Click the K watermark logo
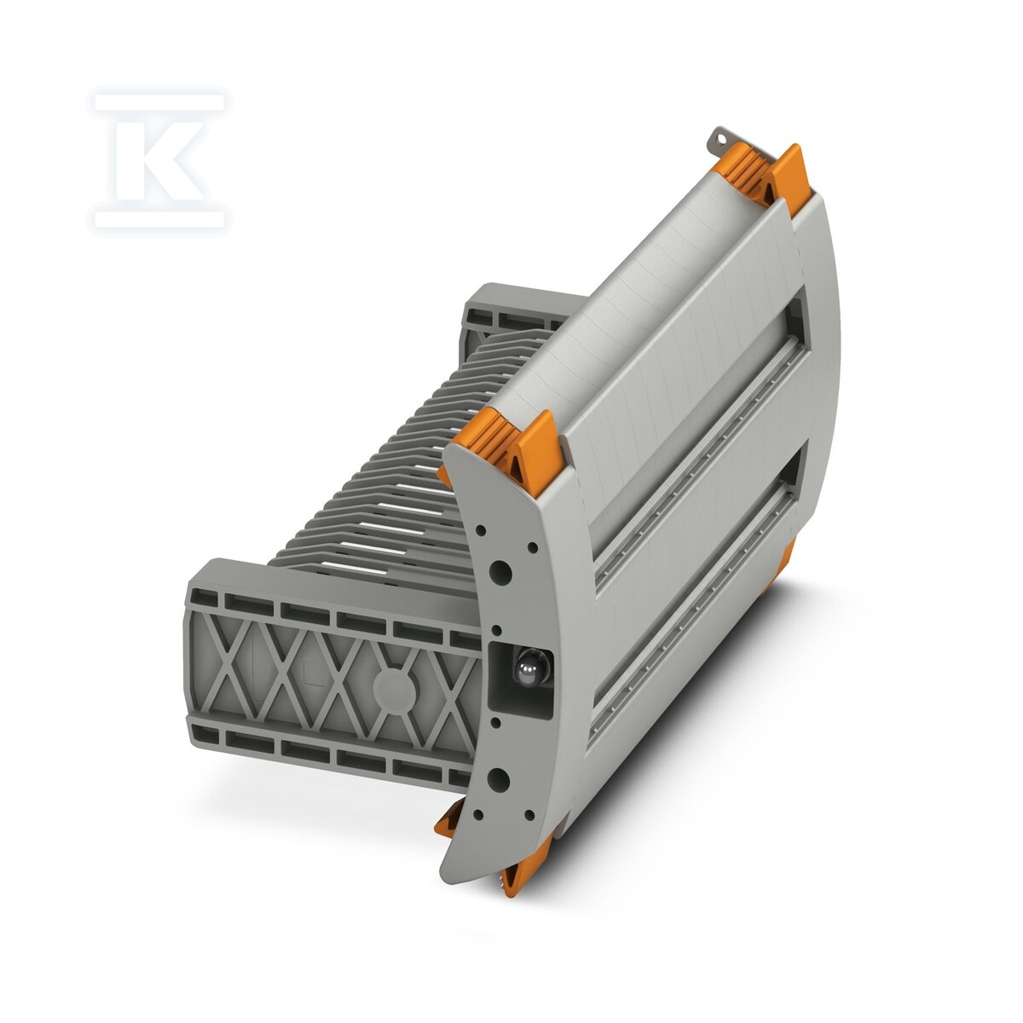click(x=159, y=160)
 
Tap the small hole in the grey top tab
click(x=720, y=139)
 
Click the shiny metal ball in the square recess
click(x=526, y=675)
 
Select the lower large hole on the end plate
click(x=497, y=780)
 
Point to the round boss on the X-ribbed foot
click(x=395, y=687)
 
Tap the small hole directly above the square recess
click(x=496, y=630)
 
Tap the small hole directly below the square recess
click(x=495, y=723)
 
